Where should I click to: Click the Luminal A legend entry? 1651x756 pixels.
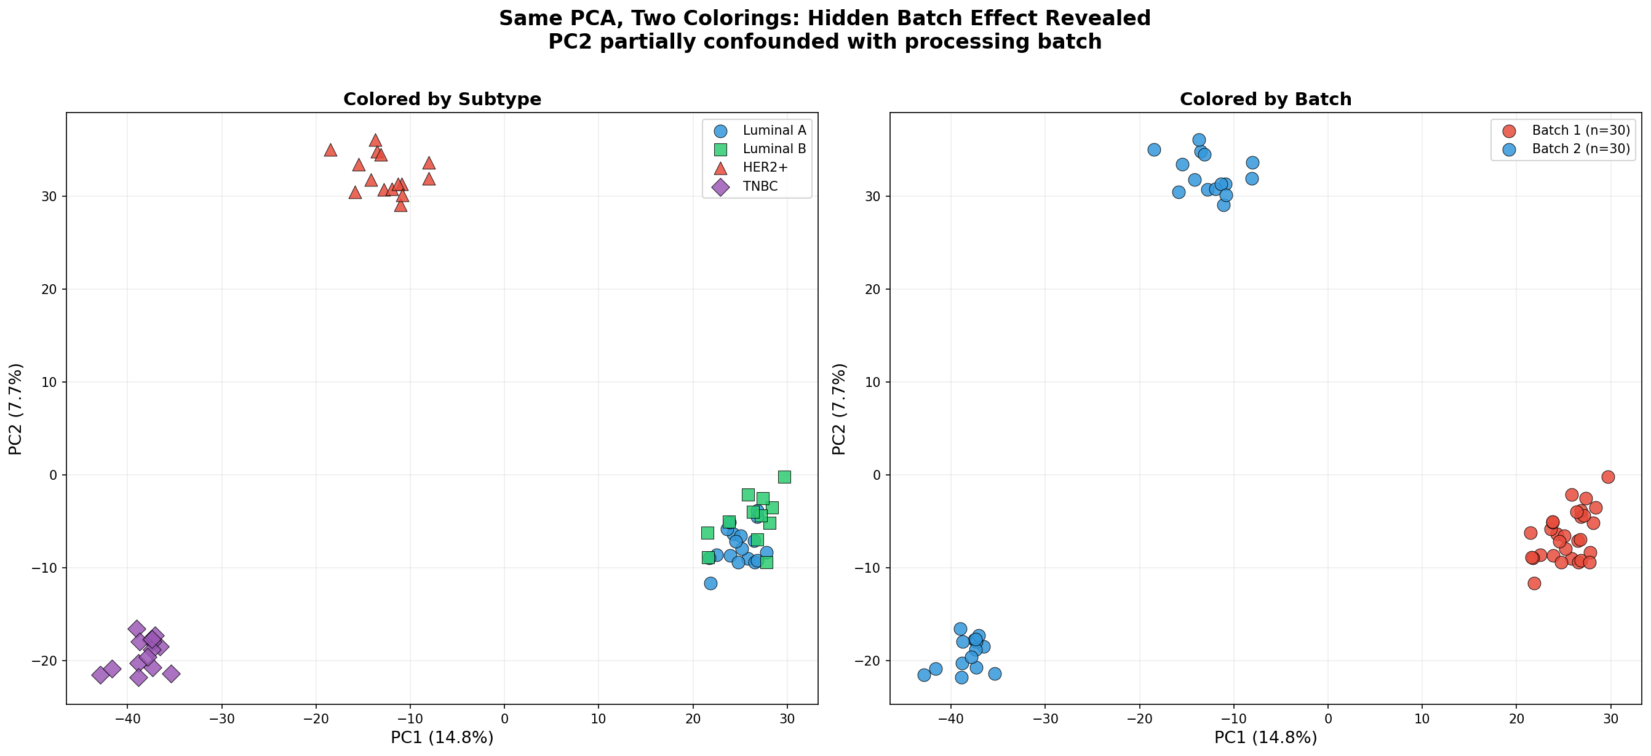(774, 130)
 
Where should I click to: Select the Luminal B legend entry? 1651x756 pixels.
(774, 149)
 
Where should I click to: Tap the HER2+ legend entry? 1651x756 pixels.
(765, 168)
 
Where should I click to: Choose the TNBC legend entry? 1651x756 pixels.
(760, 186)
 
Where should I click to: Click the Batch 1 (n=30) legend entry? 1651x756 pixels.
(1580, 130)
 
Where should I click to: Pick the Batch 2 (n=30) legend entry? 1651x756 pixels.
(1580, 149)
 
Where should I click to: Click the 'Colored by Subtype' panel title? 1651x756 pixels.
(442, 99)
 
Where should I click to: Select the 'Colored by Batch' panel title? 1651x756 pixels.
(1265, 99)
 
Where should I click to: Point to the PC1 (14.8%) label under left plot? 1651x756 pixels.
(442, 738)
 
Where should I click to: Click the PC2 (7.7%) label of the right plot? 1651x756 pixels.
(839, 408)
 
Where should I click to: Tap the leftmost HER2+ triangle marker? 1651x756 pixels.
(331, 151)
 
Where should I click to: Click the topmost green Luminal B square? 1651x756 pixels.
(784, 477)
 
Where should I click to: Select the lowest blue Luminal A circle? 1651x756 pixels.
(710, 583)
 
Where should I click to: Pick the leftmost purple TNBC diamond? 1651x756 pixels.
(101, 675)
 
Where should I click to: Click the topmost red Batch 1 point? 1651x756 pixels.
(1607, 477)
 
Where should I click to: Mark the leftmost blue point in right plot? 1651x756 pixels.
(924, 675)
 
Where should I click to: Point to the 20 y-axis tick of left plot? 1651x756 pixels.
(52, 289)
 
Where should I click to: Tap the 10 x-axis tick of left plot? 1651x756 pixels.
(598, 719)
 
